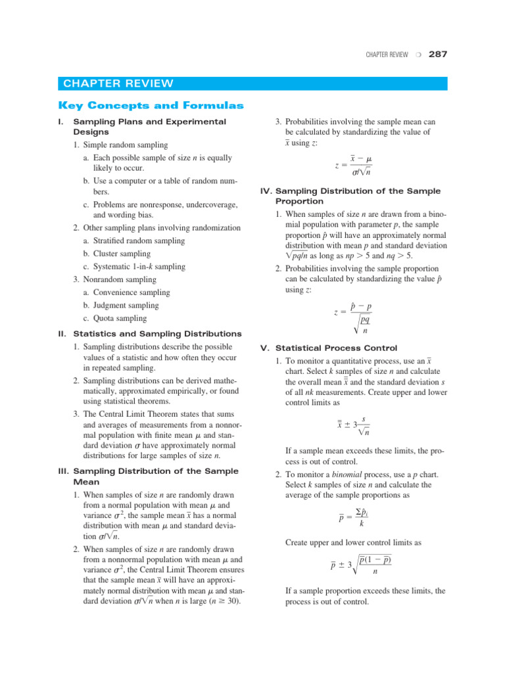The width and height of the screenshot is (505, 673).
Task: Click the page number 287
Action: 437,55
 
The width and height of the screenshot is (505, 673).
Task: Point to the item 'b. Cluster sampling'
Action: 116,254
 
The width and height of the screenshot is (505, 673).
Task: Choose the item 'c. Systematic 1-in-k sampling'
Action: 134,267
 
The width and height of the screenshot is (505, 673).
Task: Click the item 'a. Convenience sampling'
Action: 126,292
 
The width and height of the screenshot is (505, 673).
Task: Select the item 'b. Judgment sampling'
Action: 121,306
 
